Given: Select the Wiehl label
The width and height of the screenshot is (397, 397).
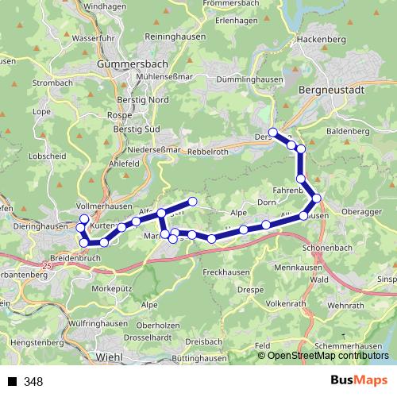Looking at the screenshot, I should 108,357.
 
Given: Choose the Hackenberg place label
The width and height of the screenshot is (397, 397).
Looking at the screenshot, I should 319,38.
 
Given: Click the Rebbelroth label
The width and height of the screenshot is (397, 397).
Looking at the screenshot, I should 208,151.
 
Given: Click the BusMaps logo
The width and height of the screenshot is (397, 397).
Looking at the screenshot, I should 358,381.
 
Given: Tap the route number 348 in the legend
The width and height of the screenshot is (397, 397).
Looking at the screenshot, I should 33,382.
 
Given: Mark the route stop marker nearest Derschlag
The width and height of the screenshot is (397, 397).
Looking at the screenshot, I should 273,133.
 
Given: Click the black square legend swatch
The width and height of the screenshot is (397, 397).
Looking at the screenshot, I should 12,382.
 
